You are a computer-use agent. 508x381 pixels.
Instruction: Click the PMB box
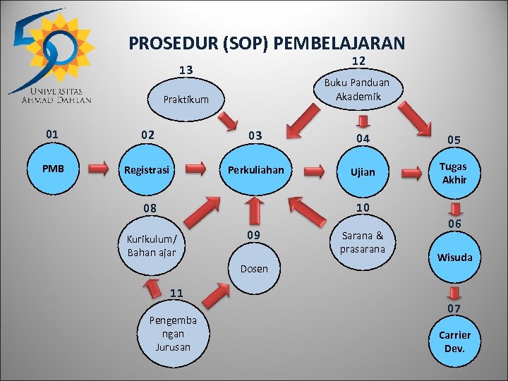pyautogui.click(x=52, y=169)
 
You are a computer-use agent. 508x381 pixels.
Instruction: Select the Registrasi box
pyautogui.click(x=147, y=169)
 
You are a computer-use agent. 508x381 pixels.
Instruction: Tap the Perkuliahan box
pyautogui.click(x=255, y=169)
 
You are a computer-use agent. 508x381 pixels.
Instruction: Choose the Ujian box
pyautogui.click(x=363, y=171)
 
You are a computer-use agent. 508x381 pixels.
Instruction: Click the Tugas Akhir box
pyautogui.click(x=454, y=173)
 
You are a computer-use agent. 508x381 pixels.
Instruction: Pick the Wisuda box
pyautogui.click(x=454, y=257)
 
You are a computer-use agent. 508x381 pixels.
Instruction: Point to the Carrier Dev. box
pyautogui.click(x=454, y=341)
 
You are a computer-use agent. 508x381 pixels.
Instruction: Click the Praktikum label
pyautogui.click(x=186, y=99)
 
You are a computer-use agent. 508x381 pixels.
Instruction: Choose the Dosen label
pyautogui.click(x=254, y=269)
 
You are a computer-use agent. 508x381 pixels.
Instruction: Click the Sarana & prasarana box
pyautogui.click(x=362, y=242)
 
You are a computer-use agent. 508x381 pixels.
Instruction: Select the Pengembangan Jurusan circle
pyautogui.click(x=172, y=333)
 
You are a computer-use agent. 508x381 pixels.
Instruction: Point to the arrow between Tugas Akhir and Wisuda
pyautogui.click(x=456, y=210)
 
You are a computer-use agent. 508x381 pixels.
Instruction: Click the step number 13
pyautogui.click(x=186, y=70)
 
